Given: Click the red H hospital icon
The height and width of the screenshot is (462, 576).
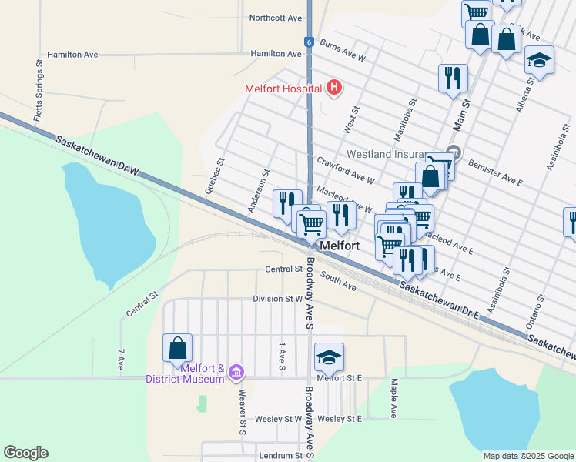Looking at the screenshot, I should point(333,89).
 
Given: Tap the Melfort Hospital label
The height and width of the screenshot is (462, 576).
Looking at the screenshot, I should point(283,89).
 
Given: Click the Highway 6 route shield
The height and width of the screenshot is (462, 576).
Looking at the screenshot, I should point(308,42).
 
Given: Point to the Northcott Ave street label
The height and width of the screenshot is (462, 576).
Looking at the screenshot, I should point(276,17).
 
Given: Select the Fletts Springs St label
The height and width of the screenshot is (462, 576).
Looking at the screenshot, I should point(38,84).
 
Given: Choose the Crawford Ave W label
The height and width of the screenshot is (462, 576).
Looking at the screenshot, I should point(345,169).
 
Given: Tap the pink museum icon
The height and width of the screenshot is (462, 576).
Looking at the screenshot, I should point(236,374).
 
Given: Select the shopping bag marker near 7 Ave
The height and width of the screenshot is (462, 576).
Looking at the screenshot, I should point(177,347).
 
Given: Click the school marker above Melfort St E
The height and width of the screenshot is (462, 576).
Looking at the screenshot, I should point(329,357).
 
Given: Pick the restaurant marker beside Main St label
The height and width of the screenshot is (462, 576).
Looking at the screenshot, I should point(453,78).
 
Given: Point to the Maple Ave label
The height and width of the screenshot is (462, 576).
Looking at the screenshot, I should point(393,397).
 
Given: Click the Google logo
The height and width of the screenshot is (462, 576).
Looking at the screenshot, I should point(25,453).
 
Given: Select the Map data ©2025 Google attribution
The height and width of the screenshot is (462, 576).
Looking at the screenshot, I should point(527,456).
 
